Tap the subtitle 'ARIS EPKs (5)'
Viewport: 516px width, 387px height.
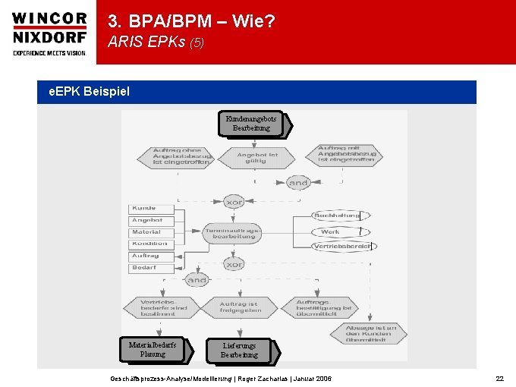click(x=156, y=42)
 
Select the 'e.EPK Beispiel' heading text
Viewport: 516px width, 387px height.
click(x=89, y=92)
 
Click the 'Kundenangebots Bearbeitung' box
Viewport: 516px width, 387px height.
click(x=251, y=123)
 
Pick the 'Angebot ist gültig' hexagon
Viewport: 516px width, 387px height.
click(x=257, y=158)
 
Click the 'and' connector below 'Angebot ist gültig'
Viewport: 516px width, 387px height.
click(x=298, y=183)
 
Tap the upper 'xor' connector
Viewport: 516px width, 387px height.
click(x=233, y=201)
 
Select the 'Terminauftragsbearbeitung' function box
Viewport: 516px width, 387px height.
click(x=233, y=232)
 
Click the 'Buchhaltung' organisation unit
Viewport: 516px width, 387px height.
click(x=337, y=216)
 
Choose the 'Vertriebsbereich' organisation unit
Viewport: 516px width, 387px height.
click(x=343, y=247)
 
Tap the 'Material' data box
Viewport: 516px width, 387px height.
click(x=150, y=232)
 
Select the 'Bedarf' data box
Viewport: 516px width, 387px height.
click(x=150, y=267)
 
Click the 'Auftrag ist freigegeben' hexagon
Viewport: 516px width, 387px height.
click(x=240, y=307)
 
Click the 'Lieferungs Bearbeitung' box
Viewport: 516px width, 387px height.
click(x=240, y=350)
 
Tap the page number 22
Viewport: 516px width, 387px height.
click(x=499, y=378)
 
